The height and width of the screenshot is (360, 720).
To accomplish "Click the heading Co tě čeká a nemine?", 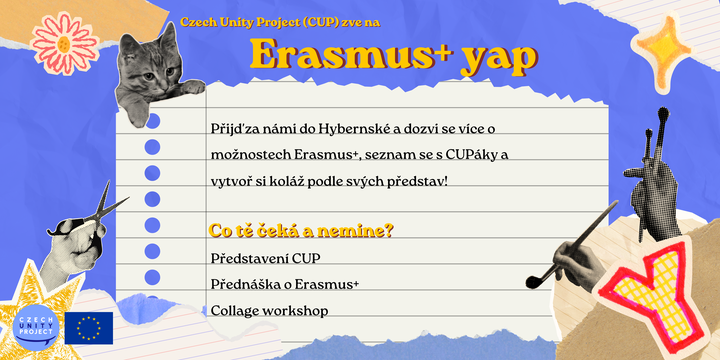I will click(301, 231).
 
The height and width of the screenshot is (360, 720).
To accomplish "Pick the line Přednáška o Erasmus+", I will click(285, 284).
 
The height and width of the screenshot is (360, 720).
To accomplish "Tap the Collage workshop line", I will click(269, 311).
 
